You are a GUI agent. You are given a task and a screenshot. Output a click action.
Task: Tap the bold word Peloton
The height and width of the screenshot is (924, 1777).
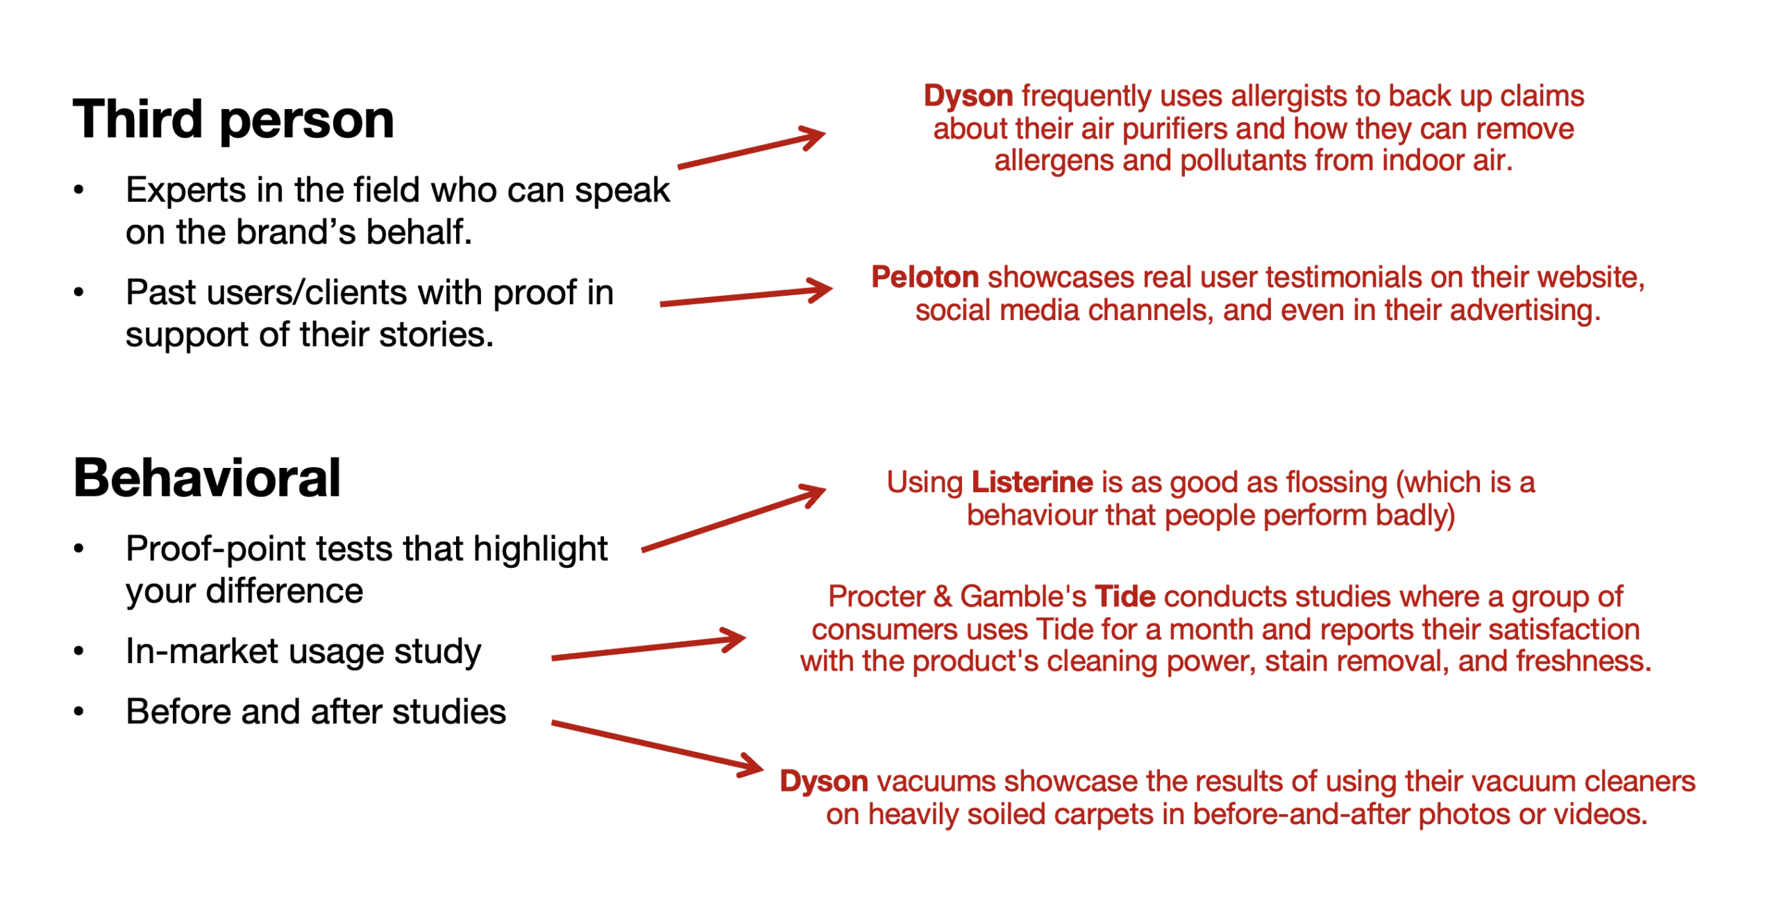(x=925, y=277)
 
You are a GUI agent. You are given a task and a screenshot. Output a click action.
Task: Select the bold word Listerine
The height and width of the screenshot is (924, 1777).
(x=1032, y=482)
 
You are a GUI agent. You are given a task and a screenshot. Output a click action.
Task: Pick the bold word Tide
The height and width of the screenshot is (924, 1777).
(x=1125, y=596)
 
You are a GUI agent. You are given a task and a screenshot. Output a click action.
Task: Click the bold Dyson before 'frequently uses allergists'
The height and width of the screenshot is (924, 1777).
(x=968, y=96)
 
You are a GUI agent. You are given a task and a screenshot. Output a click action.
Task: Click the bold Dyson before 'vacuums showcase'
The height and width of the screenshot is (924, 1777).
(x=823, y=782)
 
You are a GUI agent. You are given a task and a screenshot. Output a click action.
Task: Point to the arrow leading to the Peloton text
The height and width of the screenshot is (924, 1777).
(x=746, y=296)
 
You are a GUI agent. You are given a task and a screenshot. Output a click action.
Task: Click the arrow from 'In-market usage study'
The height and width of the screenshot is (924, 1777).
(x=648, y=646)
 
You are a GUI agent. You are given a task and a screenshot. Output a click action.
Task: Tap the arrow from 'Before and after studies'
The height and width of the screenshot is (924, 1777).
(x=657, y=747)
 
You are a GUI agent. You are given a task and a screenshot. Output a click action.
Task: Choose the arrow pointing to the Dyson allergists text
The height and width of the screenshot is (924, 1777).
(x=752, y=147)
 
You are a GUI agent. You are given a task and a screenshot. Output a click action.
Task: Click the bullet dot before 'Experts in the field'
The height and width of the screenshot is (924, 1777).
(x=78, y=190)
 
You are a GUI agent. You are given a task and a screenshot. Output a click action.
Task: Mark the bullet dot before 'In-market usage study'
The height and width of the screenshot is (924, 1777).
(x=78, y=651)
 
